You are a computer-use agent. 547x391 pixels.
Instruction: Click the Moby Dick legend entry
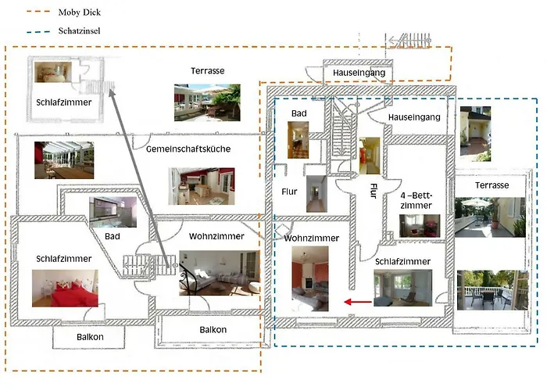coord(79,13)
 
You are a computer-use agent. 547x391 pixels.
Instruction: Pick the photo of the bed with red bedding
coord(65,288)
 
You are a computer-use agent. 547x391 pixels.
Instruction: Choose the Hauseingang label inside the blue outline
coord(415,117)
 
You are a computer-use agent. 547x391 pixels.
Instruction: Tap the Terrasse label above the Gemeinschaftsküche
coord(207,71)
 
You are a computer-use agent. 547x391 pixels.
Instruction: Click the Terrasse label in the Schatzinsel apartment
coord(492,185)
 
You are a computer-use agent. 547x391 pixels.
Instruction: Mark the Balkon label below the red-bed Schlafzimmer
coord(90,336)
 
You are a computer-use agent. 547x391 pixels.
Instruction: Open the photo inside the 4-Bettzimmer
coord(420,225)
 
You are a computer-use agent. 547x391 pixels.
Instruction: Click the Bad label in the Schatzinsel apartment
coord(299,113)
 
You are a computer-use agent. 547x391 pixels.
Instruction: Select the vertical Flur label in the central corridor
coord(374,191)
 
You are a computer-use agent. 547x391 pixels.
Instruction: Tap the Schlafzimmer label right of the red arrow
coord(402,261)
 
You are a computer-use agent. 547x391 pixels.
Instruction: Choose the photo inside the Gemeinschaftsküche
coord(201,186)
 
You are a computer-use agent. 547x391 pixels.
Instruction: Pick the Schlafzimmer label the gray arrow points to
coord(63,102)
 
